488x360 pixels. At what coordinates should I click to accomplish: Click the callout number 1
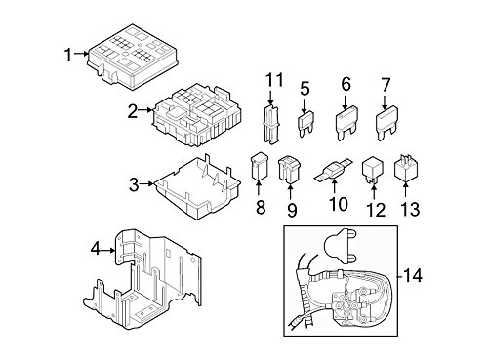68,55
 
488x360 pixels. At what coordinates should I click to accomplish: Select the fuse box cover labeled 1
133,57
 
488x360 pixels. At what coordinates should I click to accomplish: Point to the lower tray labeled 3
198,187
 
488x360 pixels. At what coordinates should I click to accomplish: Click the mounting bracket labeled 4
142,280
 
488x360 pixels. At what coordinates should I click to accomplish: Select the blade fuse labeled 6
346,123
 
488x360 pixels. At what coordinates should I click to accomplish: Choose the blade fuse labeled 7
386,123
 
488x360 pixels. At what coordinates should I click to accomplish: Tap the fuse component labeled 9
290,169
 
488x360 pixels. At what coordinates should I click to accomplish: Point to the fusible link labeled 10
334,170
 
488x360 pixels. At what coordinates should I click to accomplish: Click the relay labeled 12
373,170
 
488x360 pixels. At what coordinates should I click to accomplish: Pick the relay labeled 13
406,170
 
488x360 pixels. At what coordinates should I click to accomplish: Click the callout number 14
413,276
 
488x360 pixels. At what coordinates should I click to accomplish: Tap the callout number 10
339,204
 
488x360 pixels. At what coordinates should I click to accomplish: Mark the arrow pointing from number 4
108,250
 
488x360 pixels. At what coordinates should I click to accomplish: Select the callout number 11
274,80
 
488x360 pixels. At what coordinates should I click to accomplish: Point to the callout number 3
134,185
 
